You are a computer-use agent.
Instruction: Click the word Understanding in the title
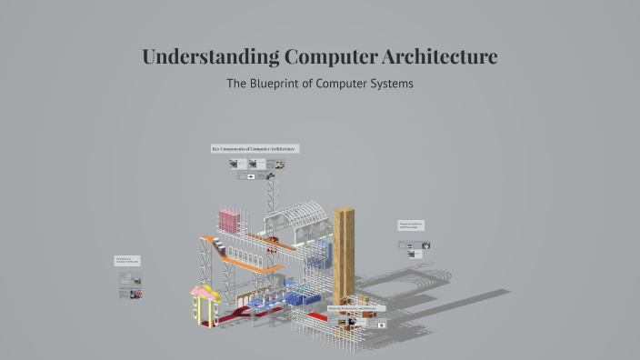click(x=210, y=56)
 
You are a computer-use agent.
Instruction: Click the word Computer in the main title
click(x=328, y=56)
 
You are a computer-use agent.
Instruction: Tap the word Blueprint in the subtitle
click(x=281, y=84)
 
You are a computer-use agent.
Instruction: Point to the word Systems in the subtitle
click(x=389, y=84)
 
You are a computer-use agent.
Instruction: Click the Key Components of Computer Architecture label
click(x=255, y=148)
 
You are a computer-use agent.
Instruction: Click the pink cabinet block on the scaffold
click(x=229, y=220)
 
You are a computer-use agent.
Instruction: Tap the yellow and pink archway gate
click(x=205, y=305)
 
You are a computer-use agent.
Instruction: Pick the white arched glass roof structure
click(x=299, y=218)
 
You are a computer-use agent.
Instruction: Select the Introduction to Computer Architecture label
click(x=127, y=260)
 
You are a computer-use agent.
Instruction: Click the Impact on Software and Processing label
click(x=411, y=225)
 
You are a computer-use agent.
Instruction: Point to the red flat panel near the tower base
click(x=317, y=315)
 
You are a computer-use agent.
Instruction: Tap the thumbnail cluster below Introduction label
click(x=131, y=285)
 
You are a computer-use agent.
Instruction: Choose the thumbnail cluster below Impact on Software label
click(x=415, y=247)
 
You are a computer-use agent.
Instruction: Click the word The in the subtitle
click(x=235, y=84)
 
